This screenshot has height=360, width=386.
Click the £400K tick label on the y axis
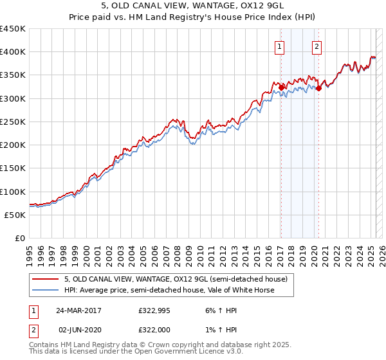(x=12, y=52)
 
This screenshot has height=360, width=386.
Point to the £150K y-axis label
(x=12, y=168)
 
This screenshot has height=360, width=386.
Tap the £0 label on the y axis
(x=19, y=238)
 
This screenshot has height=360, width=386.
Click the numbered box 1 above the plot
(x=280, y=46)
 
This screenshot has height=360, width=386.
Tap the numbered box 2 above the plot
(x=318, y=46)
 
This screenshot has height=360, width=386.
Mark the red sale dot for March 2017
(x=281, y=88)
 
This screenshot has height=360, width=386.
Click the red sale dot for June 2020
(x=318, y=89)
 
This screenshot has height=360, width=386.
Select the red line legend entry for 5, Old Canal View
(x=179, y=279)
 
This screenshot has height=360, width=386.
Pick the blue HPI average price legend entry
(x=169, y=290)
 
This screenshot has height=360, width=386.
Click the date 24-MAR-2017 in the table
(x=78, y=310)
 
